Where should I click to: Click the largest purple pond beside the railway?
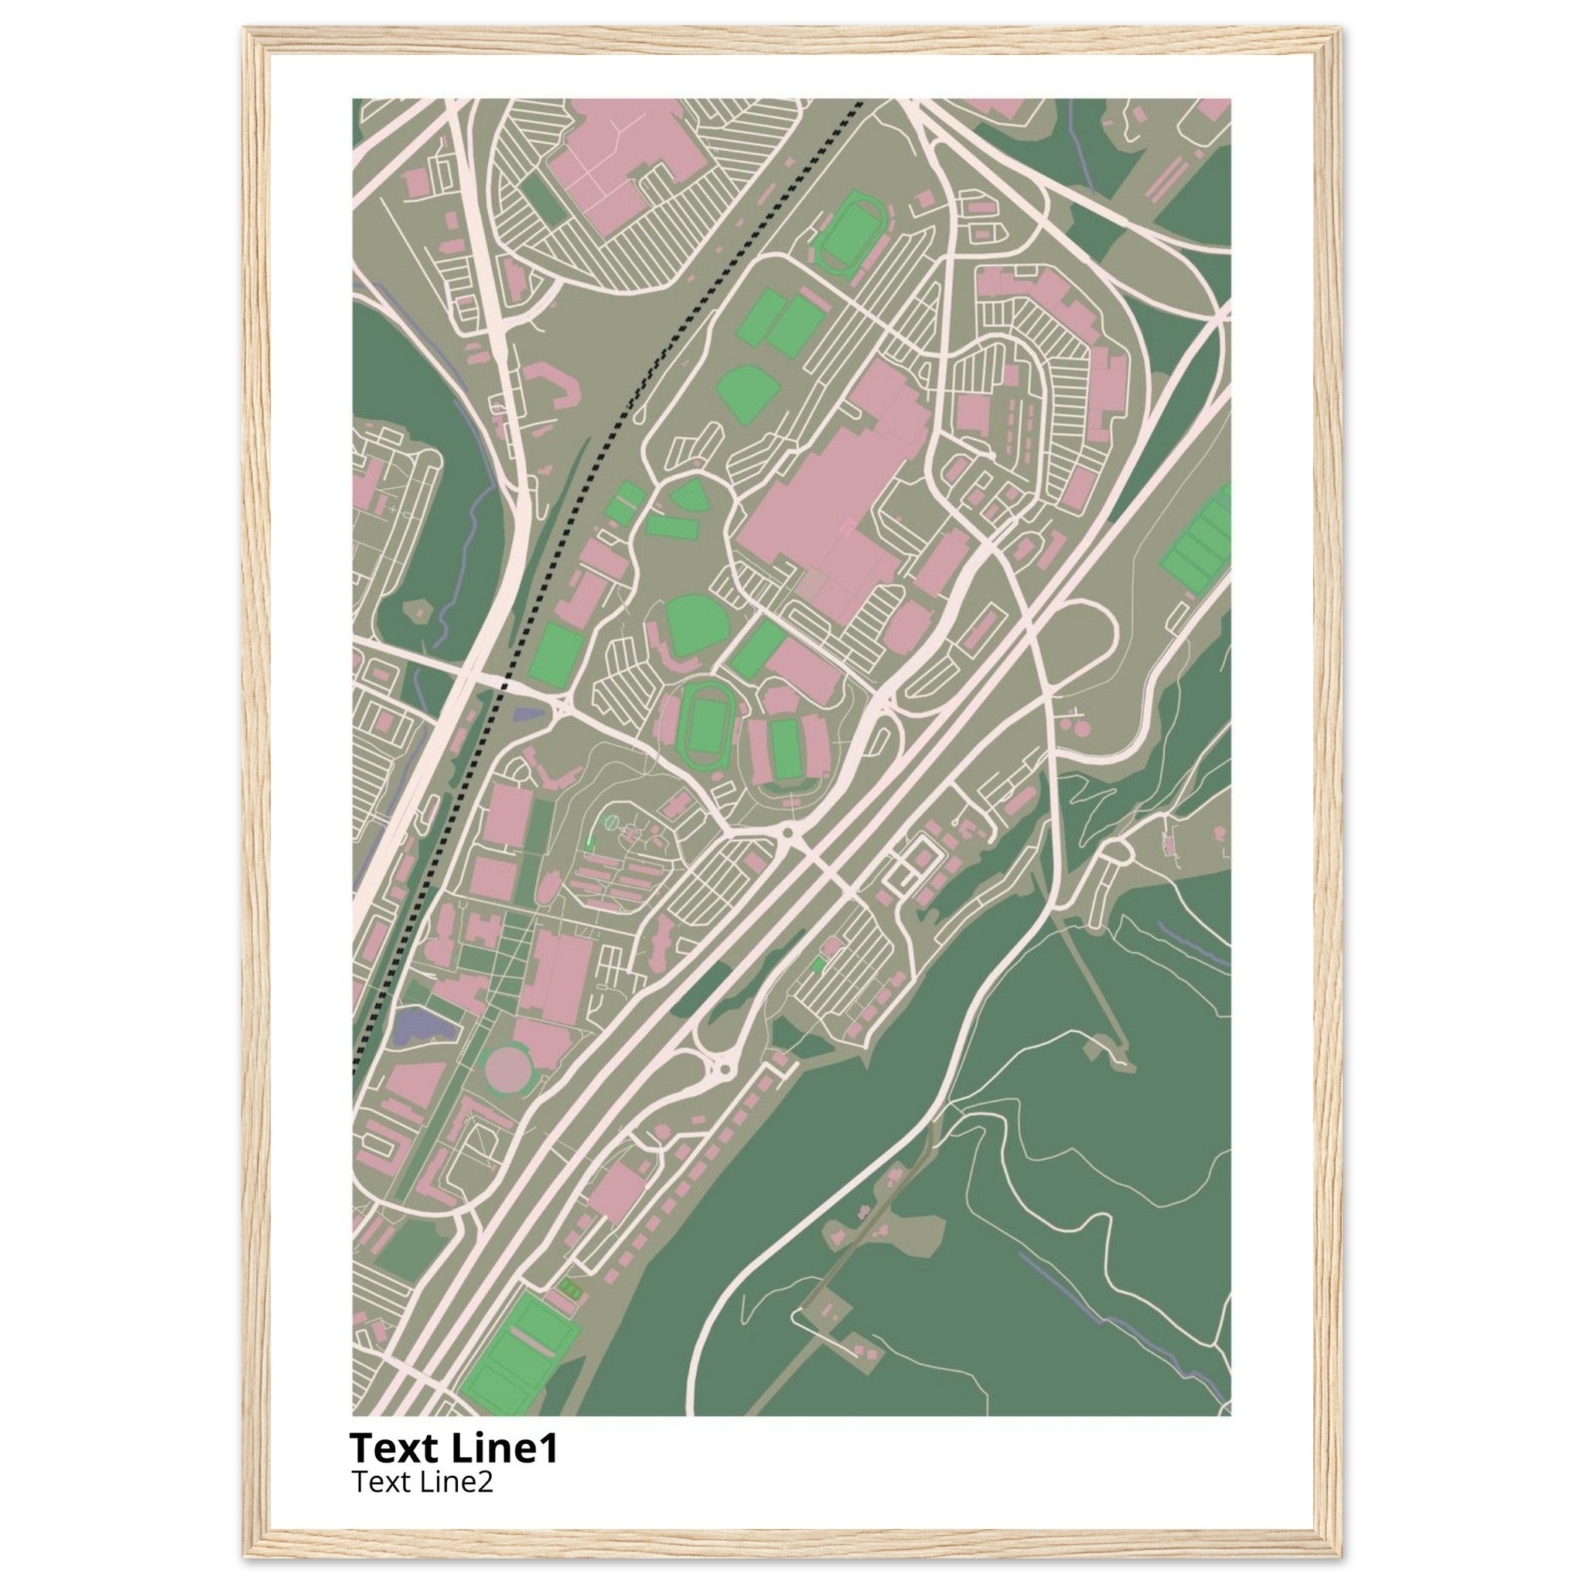pyautogui.click(x=420, y=1027)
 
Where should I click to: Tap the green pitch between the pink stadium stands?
pyautogui.click(x=787, y=749)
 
